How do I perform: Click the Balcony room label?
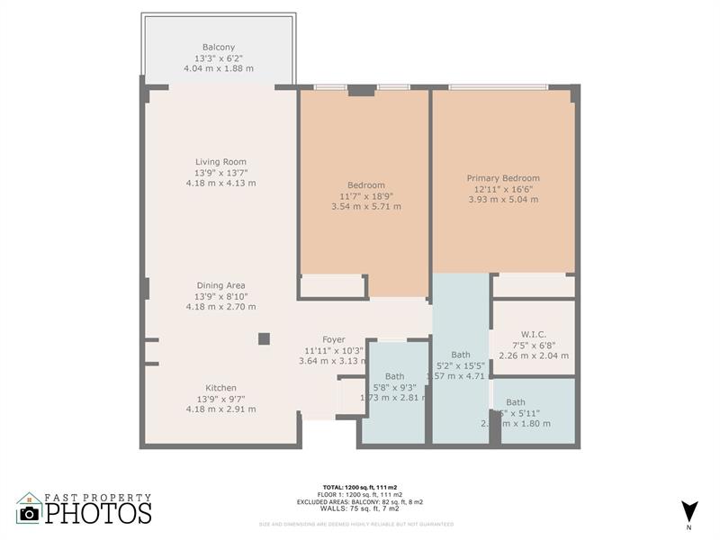point(220,47)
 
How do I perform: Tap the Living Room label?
point(220,162)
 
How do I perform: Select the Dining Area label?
point(220,285)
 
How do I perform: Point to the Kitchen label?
point(220,388)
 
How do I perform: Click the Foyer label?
point(334,339)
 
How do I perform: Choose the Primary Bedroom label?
point(503,178)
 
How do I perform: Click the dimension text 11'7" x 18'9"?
point(366,196)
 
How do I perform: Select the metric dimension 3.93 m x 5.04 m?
point(503,200)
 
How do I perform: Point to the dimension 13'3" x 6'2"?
point(220,58)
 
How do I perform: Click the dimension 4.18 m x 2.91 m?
point(220,409)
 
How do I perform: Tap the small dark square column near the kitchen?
point(264,338)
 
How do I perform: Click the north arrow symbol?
point(689,509)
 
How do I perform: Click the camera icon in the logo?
point(30,513)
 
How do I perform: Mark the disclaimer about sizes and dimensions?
point(356,524)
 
